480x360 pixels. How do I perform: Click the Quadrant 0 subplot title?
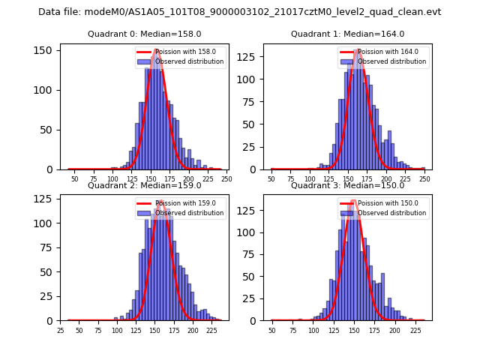tap(145, 34)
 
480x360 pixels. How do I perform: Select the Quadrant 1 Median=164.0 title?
tap(347, 34)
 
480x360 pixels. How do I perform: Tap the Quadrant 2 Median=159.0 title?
tap(145, 185)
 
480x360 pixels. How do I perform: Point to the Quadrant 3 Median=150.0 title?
tap(347, 185)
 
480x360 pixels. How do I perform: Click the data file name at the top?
tap(239, 12)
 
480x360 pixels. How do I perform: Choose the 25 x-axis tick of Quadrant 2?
tap(61, 330)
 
